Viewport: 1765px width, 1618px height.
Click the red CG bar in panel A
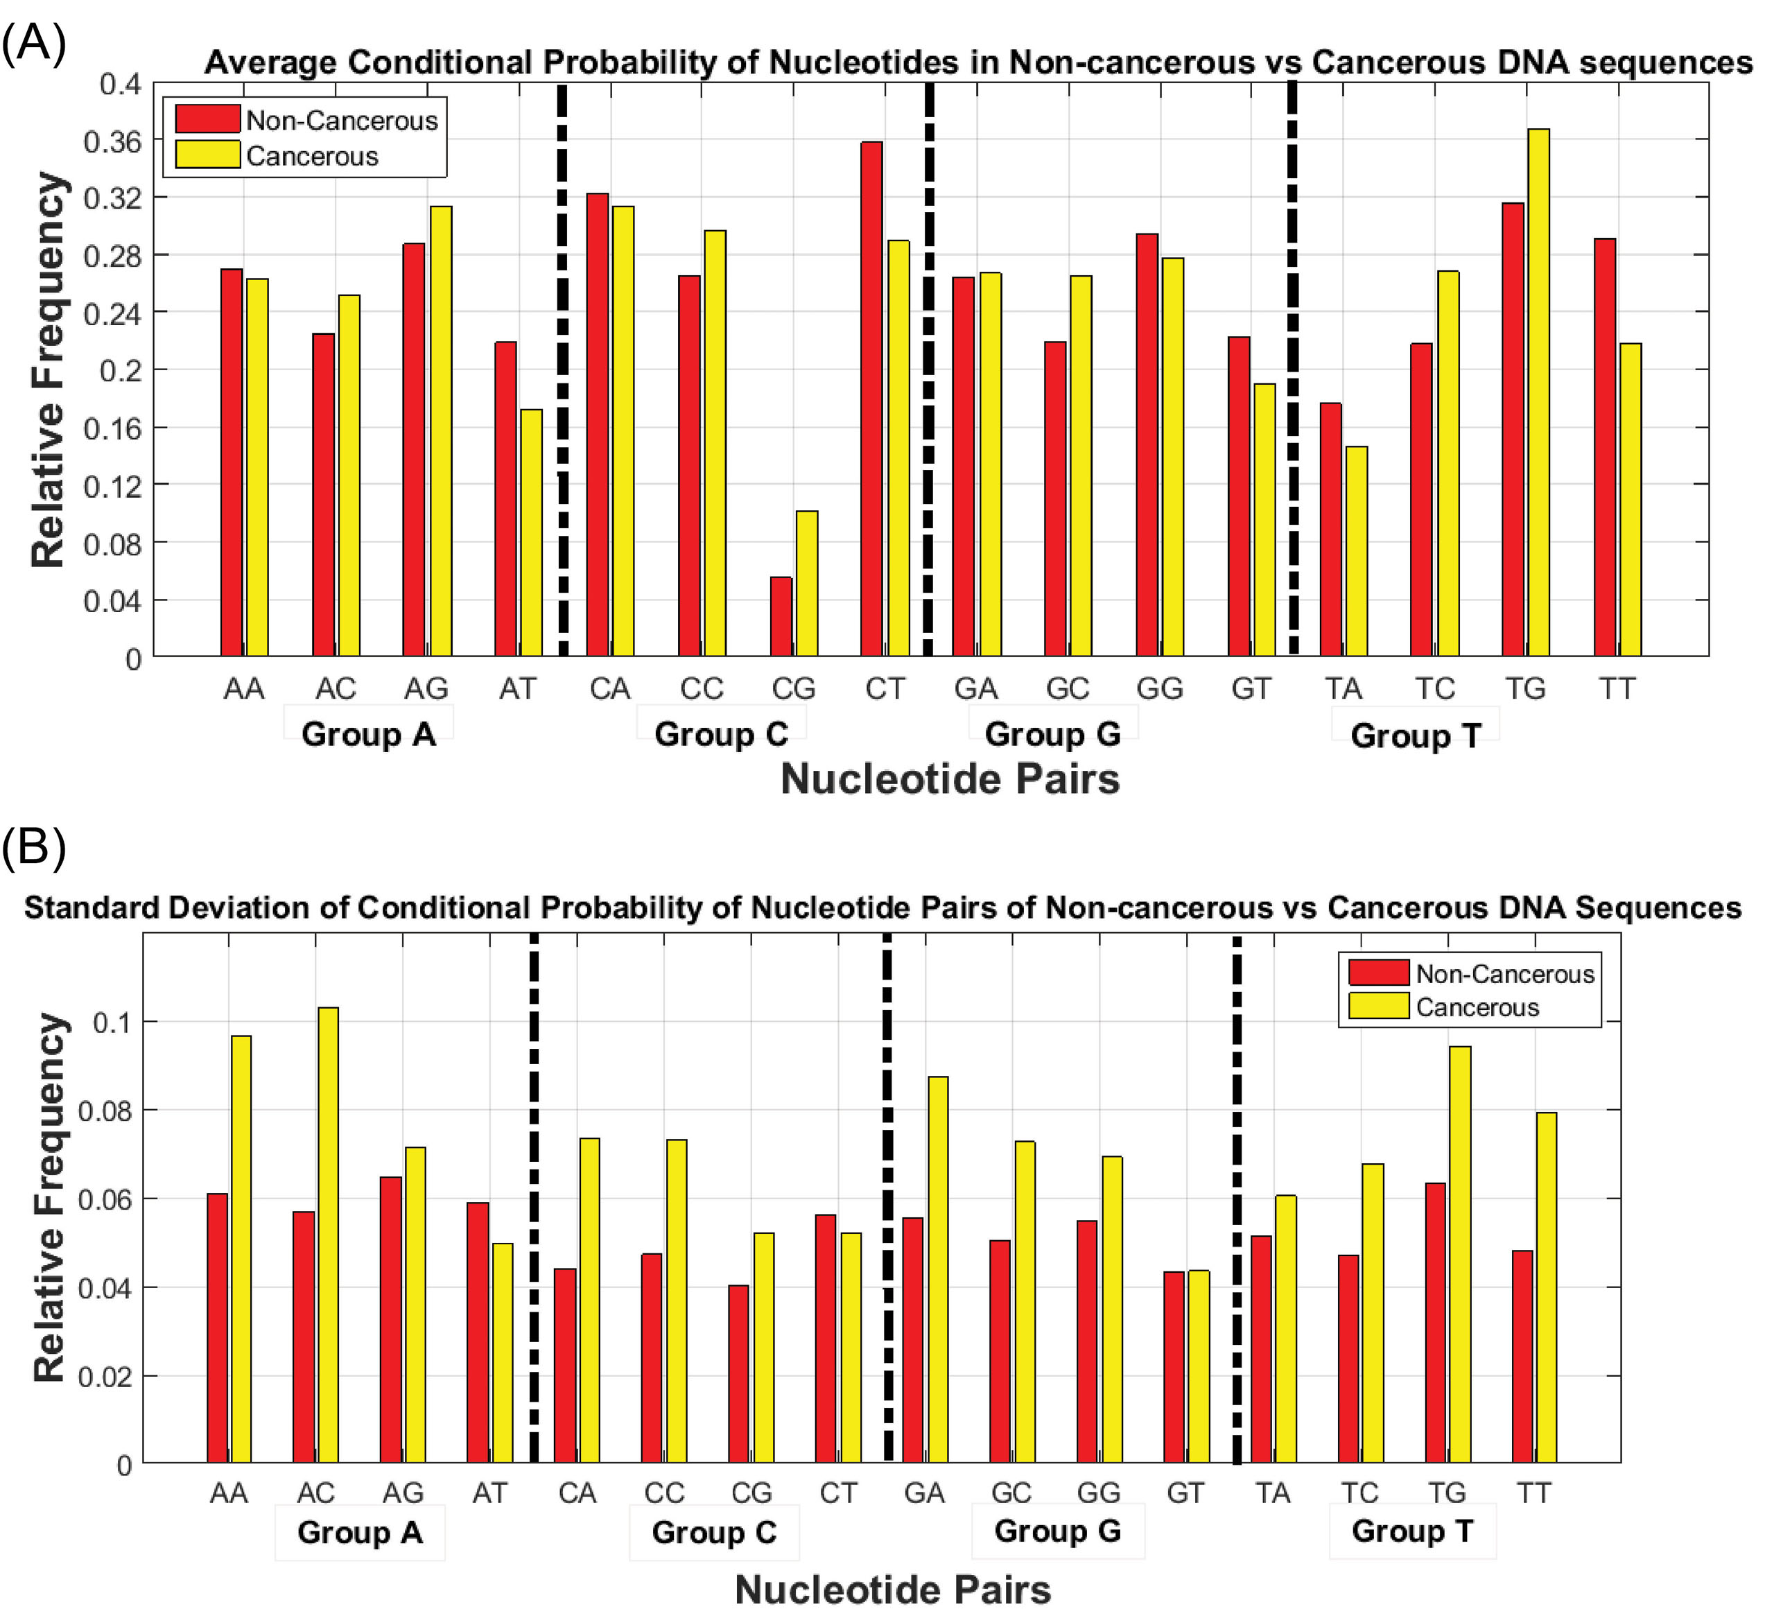click(781, 616)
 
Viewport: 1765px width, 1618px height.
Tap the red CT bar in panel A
click(872, 399)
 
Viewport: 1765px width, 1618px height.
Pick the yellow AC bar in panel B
click(329, 1235)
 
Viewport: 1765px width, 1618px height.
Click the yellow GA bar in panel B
click(938, 1269)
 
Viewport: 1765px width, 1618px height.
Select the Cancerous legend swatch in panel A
click(207, 155)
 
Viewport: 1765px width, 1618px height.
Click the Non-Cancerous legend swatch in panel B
click(1378, 973)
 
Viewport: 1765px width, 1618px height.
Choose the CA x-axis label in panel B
click(577, 1493)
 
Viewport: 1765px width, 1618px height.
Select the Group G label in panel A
click(1052, 733)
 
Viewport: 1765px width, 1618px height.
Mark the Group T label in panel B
click(1412, 1531)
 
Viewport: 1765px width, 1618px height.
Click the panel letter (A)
click(33, 44)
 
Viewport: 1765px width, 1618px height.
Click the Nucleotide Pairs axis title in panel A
click(950, 778)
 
